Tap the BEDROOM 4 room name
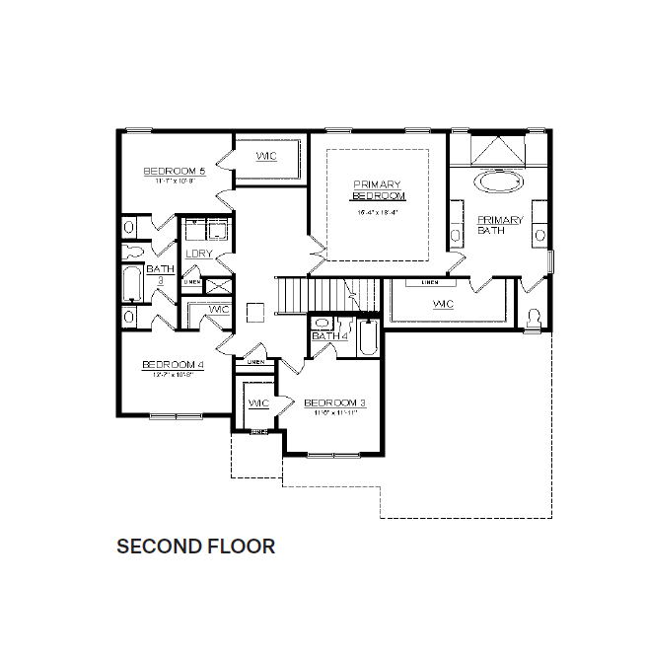coord(172,365)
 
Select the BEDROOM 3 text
coord(329,402)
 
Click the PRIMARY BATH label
coord(498,224)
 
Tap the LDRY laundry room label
coord(199,254)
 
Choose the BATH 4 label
coord(329,336)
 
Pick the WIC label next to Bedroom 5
coord(266,158)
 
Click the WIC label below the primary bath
coord(443,304)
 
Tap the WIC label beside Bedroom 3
coord(258,403)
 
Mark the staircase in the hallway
coord(325,293)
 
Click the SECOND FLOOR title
coord(196,546)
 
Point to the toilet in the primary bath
coord(535,318)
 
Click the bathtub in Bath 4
coord(367,339)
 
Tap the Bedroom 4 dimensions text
coord(172,376)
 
